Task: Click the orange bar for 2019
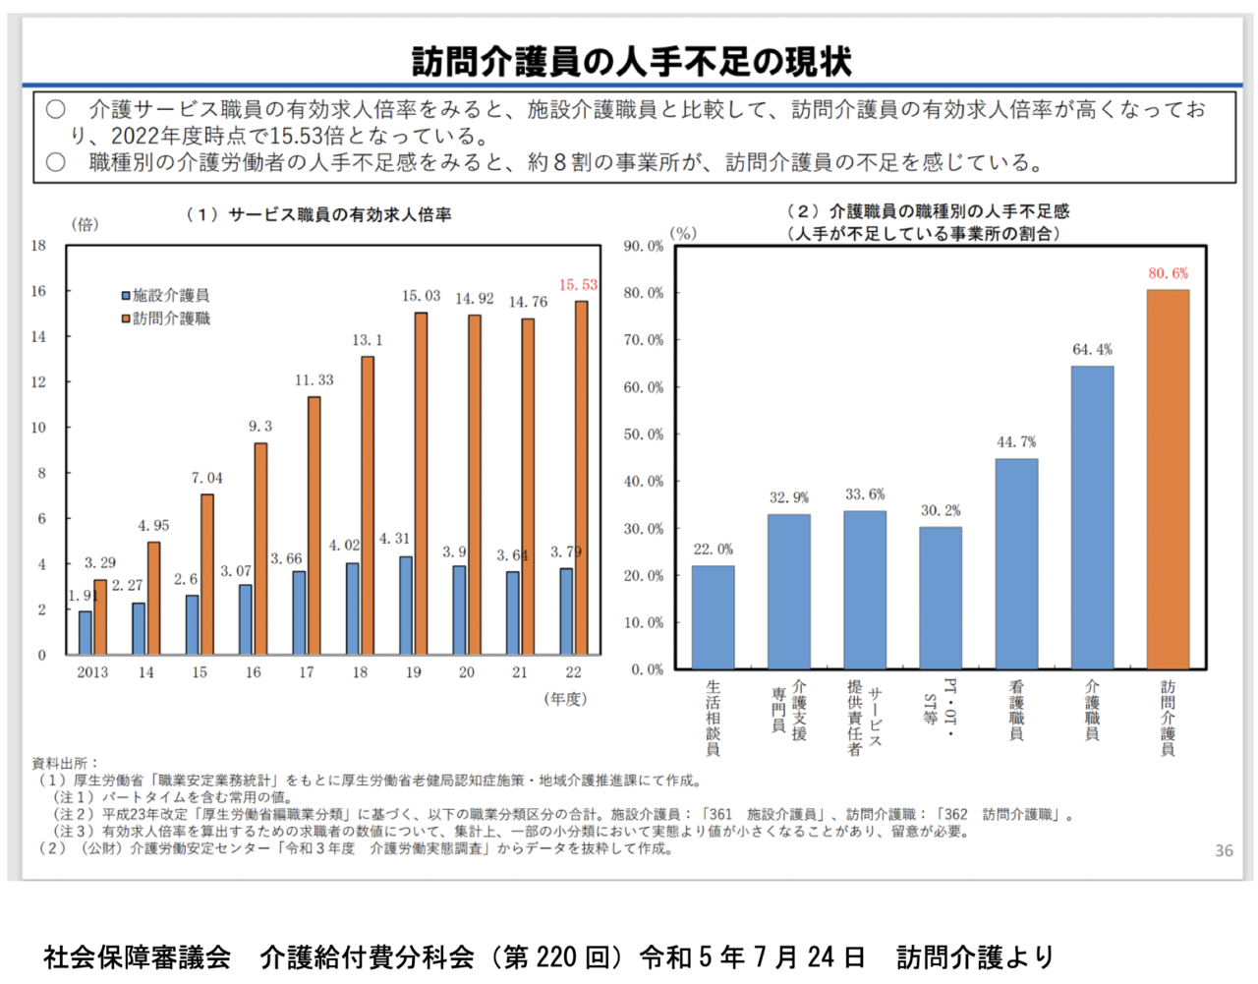coord(421,484)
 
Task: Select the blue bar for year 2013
coord(86,633)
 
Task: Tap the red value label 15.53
coord(578,285)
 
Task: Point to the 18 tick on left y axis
coord(38,246)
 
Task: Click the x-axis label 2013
coord(92,672)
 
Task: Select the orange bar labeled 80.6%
coord(1168,480)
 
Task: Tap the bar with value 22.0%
coord(713,617)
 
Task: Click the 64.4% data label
coord(1092,350)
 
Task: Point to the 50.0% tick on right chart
coord(644,434)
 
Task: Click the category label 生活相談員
coord(713,718)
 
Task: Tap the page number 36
coord(1224,850)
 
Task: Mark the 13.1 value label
coord(368,340)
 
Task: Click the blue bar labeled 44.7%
coord(1016,563)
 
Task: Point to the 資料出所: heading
coord(65,763)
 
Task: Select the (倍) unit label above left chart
coord(85,225)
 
